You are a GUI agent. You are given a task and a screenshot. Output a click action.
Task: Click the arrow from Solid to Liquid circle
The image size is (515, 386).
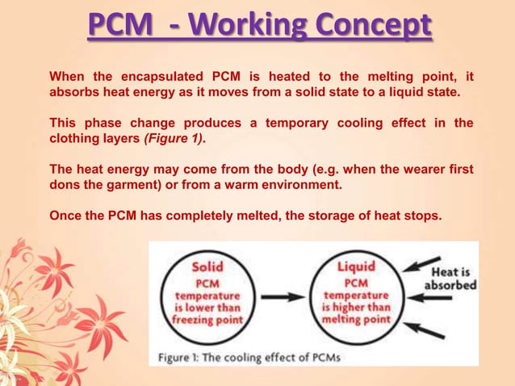[283, 297]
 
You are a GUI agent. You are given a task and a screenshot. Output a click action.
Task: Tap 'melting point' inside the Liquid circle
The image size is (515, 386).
[356, 319]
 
